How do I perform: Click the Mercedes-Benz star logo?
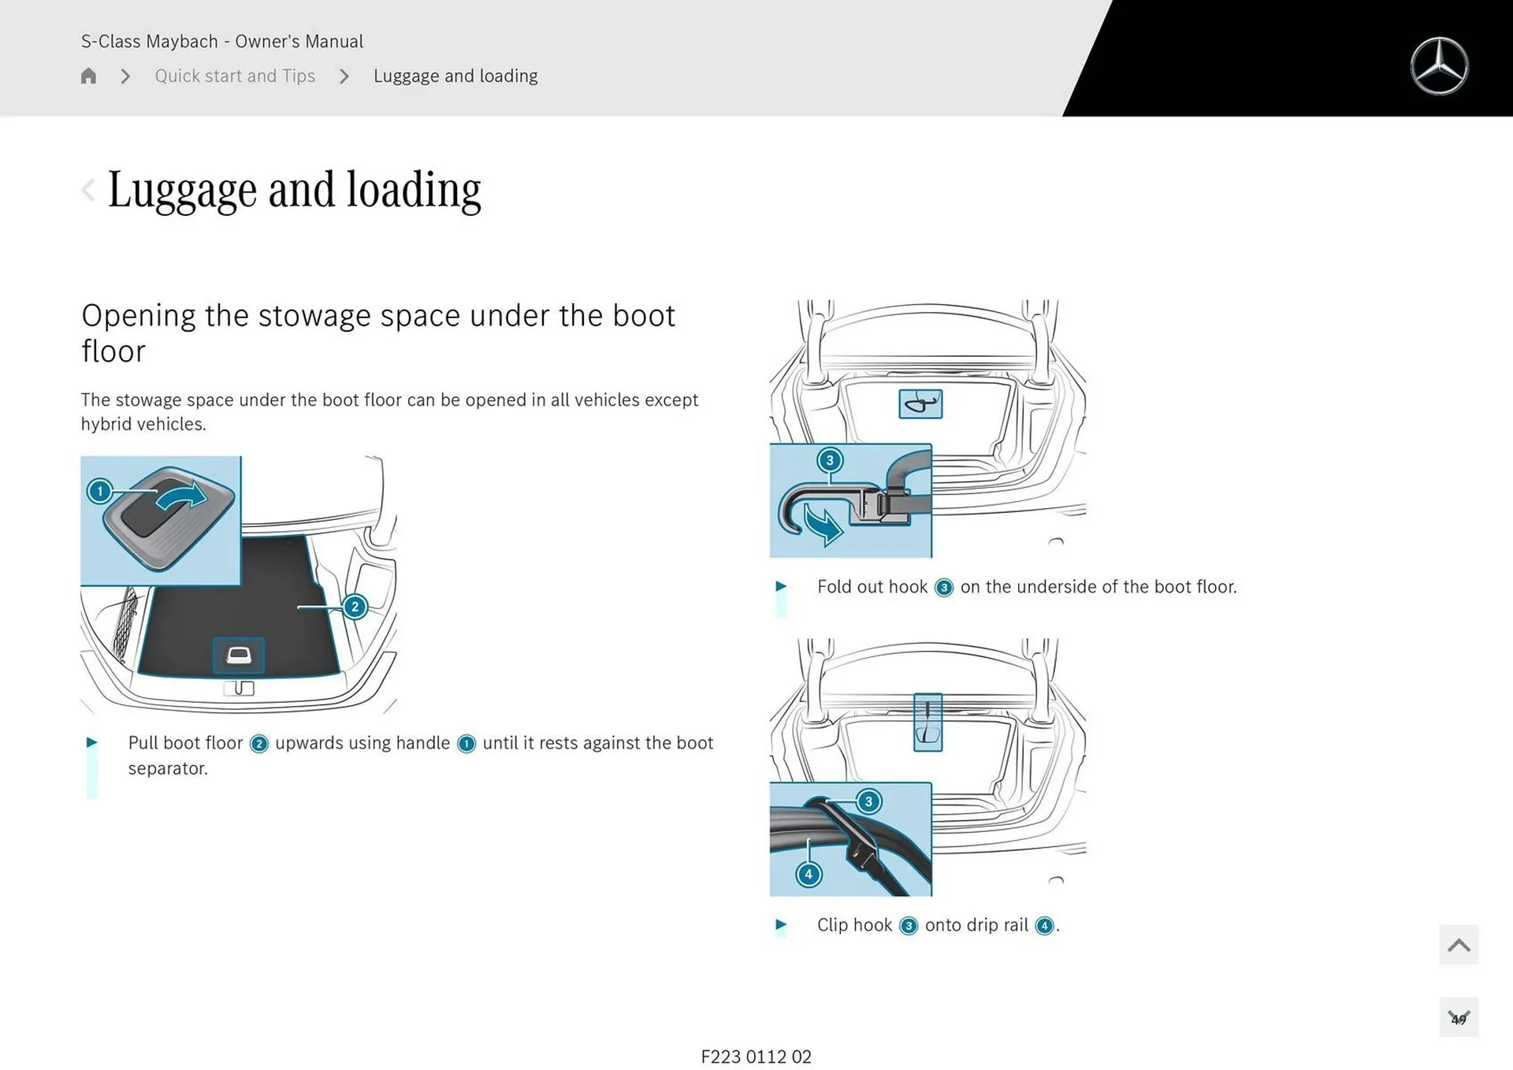point(1439,66)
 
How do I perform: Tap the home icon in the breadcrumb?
point(88,76)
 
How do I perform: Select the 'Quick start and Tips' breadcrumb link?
point(235,76)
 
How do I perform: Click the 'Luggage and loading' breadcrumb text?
point(455,76)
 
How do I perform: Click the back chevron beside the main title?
point(88,190)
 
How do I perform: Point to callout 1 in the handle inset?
point(100,492)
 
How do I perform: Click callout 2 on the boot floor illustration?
point(355,607)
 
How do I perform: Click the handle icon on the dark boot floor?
point(239,656)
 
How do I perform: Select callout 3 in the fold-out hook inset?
point(829,460)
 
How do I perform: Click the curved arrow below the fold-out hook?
point(823,524)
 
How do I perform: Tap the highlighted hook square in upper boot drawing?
point(920,404)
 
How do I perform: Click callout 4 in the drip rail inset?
point(809,874)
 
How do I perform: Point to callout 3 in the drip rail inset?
point(868,802)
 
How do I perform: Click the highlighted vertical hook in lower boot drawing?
point(928,722)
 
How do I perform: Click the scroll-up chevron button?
point(1458,945)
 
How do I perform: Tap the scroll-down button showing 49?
point(1458,1017)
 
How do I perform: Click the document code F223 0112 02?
point(756,1057)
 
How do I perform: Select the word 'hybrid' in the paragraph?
point(106,424)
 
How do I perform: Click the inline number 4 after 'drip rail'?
point(1044,926)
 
